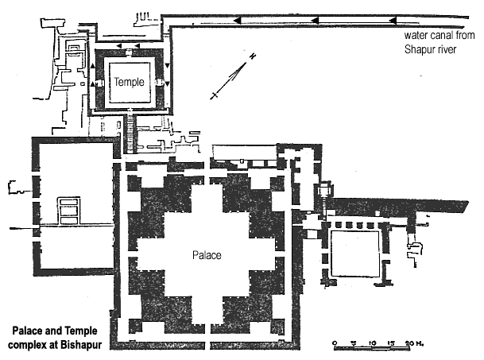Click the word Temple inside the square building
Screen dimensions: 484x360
129,82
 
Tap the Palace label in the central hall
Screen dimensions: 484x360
207,255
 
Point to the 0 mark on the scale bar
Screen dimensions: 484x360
335,343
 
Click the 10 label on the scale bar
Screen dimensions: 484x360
372,343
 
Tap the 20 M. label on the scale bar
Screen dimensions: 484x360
414,343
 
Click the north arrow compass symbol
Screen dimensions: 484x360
234,76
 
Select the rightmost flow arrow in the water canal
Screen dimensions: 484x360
393,21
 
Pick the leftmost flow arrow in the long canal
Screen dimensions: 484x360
237,21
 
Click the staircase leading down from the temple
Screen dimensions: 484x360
130,134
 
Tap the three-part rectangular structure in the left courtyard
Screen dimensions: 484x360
69,211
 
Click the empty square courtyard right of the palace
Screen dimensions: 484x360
355,254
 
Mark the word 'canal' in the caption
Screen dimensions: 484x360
438,35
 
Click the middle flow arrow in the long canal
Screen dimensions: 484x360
315,21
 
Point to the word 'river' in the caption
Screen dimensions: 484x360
448,50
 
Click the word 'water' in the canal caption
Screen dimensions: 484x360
413,36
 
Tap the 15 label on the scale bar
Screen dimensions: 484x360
391,343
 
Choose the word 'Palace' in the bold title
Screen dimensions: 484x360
28,331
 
